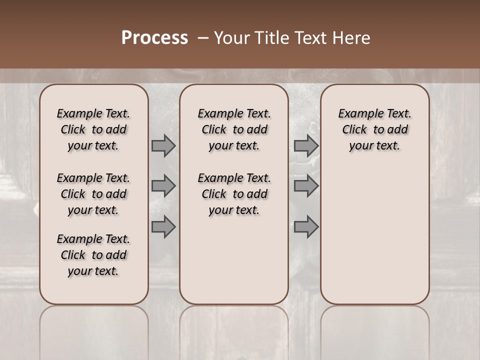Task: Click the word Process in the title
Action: pyautogui.click(x=154, y=38)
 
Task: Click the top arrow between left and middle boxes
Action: pyautogui.click(x=163, y=145)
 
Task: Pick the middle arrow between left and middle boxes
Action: pyautogui.click(x=163, y=186)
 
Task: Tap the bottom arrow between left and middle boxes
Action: pyautogui.click(x=163, y=227)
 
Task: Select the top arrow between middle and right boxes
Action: pyautogui.click(x=306, y=145)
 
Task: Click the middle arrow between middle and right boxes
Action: pyautogui.click(x=306, y=186)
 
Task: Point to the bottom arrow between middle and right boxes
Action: pyautogui.click(x=306, y=227)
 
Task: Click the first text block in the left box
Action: pyautogui.click(x=93, y=129)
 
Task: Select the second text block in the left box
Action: pyautogui.click(x=93, y=194)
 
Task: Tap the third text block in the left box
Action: pyautogui.click(x=93, y=255)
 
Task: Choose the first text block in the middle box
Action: pyautogui.click(x=234, y=129)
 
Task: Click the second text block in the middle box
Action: pyautogui.click(x=234, y=194)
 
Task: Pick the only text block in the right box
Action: pyautogui.click(x=374, y=129)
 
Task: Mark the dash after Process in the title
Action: pyautogui.click(x=203, y=38)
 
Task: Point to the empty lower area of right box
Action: pyautogui.click(x=374, y=235)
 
